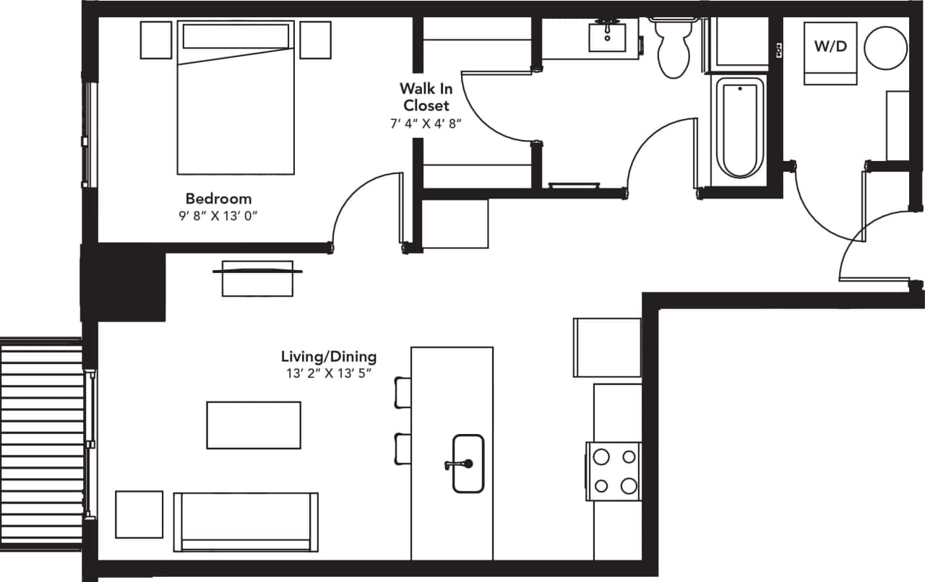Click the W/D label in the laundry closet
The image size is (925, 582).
point(830,47)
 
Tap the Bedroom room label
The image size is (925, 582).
point(218,199)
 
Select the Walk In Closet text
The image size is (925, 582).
point(426,97)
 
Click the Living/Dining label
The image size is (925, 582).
point(329,357)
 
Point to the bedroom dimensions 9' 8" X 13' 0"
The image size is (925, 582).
point(218,215)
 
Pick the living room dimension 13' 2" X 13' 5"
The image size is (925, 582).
point(329,373)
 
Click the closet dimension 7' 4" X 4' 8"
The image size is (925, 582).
point(425,123)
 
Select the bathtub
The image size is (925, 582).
point(739,128)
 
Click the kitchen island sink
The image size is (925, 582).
point(468,464)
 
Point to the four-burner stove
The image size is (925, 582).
point(614,471)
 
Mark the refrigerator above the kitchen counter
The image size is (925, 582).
point(607,347)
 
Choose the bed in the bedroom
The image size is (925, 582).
point(236,97)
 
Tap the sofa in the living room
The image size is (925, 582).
point(246,521)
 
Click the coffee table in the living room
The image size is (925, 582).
point(253,425)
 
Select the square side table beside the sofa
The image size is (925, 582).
point(139,514)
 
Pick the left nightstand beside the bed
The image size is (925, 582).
point(155,40)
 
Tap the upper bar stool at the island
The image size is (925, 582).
point(401,391)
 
